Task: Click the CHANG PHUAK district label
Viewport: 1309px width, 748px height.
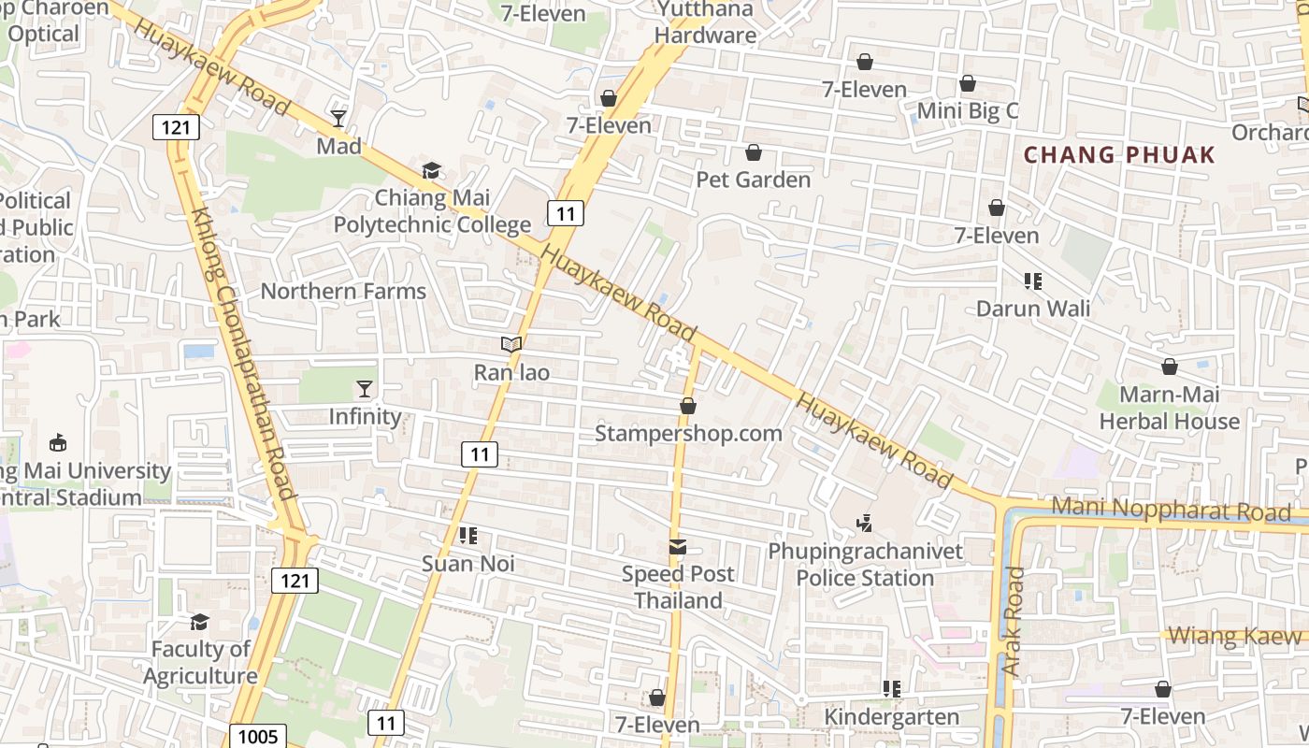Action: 1119,155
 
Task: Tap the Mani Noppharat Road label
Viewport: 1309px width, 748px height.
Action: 1171,510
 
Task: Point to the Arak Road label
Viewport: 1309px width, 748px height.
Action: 1013,622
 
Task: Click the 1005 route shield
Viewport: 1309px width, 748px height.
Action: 257,736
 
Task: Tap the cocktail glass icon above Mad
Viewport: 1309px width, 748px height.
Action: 338,119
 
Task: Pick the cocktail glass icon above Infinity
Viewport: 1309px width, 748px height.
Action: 365,389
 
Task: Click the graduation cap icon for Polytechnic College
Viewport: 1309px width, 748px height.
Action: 431,170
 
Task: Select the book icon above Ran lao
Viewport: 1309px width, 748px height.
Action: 511,345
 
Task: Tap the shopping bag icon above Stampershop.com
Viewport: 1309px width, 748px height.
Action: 688,406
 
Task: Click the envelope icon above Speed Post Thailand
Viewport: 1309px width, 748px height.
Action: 678,546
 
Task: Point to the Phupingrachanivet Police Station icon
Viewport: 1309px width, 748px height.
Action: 865,524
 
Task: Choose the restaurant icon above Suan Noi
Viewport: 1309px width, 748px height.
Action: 468,536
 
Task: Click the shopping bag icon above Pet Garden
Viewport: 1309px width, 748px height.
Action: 754,152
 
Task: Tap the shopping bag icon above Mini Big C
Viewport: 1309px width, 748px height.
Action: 968,84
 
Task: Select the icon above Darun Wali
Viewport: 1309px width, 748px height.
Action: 1033,280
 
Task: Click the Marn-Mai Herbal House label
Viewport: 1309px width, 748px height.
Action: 1169,408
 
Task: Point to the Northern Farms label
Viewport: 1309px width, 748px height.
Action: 343,291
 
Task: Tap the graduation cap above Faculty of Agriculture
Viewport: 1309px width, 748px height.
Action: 200,622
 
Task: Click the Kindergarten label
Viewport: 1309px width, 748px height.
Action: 891,717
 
